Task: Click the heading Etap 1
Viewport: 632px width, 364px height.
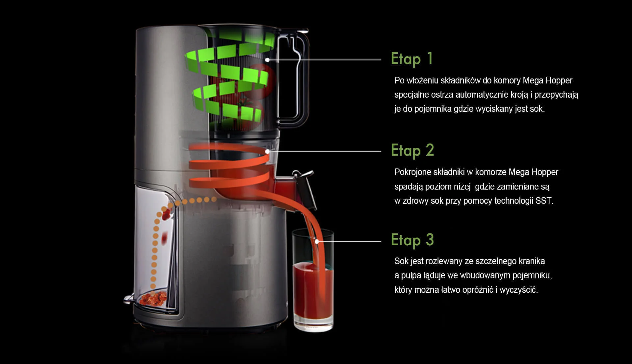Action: pos(412,59)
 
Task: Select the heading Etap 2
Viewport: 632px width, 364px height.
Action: pos(412,151)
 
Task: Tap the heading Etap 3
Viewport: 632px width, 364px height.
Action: pos(412,240)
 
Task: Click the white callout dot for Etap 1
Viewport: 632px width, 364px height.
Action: pos(268,60)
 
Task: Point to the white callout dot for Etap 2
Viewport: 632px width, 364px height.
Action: pos(268,152)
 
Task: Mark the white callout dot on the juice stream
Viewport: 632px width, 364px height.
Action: pos(317,242)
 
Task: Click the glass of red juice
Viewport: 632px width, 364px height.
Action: pos(313,280)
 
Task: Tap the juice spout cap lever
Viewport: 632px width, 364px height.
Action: pos(304,188)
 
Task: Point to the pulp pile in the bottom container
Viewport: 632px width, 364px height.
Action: pos(153,298)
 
